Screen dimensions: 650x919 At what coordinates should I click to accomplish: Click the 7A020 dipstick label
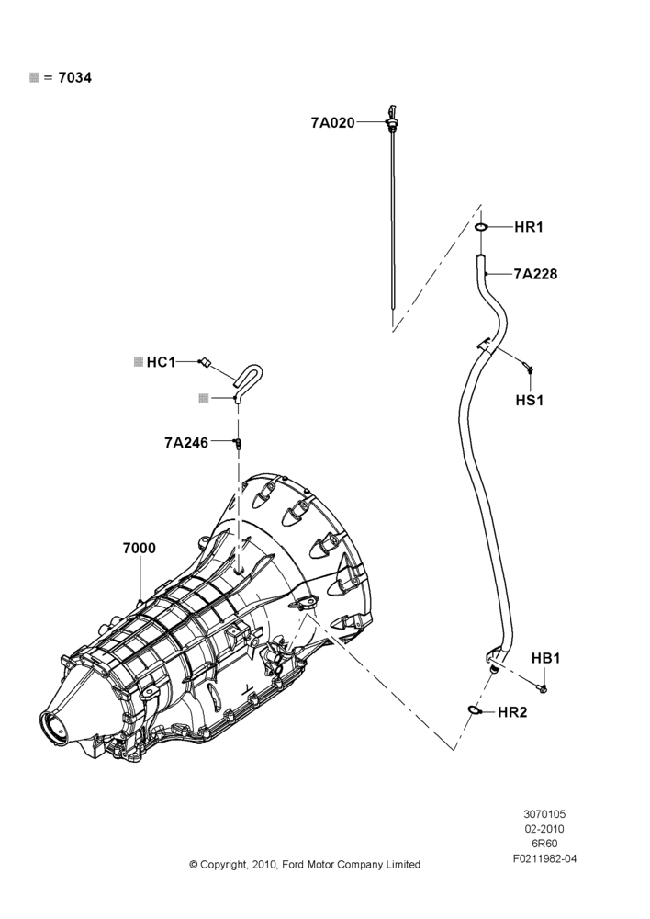332,122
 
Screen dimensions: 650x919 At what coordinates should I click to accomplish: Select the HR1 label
529,227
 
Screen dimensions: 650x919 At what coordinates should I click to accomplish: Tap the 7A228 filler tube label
536,274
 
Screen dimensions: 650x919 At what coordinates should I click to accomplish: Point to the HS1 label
530,401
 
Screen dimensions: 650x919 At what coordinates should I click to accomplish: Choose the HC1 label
161,362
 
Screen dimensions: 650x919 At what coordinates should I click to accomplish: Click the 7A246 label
186,443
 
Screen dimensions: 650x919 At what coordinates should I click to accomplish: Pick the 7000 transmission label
140,548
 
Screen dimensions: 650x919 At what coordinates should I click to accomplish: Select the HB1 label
545,658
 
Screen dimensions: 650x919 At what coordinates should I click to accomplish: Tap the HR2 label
512,712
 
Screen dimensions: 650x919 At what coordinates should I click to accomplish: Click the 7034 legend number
75,77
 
